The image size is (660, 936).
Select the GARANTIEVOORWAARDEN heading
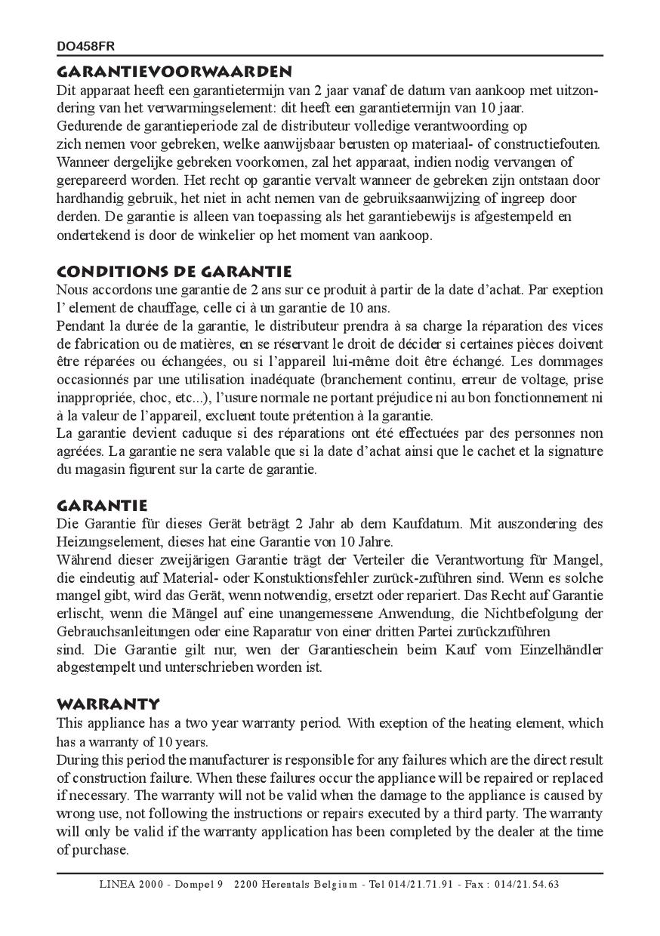[174, 72]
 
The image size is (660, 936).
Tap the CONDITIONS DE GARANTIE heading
[174, 271]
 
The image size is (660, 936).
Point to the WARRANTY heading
[108, 704]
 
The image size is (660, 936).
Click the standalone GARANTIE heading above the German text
[102, 505]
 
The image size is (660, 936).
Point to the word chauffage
[168, 307]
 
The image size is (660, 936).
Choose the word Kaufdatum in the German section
[421, 523]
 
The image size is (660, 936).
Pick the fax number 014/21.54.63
[527, 885]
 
